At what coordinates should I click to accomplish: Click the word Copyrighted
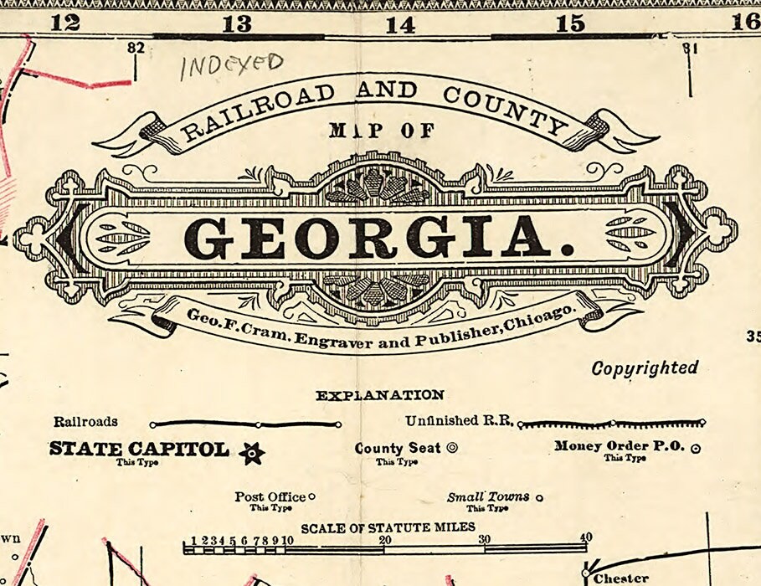tap(645, 368)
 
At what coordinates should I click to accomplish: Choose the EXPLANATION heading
tap(380, 395)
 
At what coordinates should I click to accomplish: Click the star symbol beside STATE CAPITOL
tap(251, 453)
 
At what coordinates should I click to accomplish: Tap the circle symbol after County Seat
tap(453, 448)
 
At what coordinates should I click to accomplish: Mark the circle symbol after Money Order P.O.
tap(695, 449)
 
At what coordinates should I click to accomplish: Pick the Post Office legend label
tap(270, 496)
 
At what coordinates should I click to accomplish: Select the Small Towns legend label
tap(488, 496)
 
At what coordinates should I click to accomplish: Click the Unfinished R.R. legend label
tap(458, 421)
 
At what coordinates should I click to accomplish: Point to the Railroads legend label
tap(86, 422)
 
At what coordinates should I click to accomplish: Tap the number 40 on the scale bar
tap(585, 538)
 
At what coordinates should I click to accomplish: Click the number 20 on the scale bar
tap(386, 540)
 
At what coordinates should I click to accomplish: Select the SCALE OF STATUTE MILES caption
tap(388, 527)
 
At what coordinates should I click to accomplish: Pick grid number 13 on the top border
tap(237, 24)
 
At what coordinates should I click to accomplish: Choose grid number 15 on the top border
tap(570, 24)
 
